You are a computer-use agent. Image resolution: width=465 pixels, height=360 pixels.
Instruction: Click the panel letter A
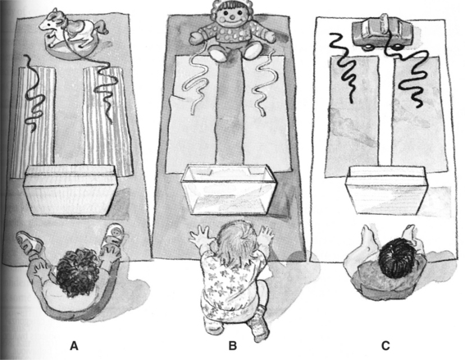[74, 345]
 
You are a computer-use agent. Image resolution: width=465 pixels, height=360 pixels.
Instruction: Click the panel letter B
[233, 345]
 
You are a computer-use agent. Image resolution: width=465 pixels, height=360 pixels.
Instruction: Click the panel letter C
[385, 345]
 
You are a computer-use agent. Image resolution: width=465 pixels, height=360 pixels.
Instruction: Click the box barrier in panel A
[71, 190]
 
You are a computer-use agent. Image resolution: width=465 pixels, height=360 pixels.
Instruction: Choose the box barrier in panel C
[386, 189]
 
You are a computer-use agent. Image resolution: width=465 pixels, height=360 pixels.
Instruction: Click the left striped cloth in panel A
[33, 121]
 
